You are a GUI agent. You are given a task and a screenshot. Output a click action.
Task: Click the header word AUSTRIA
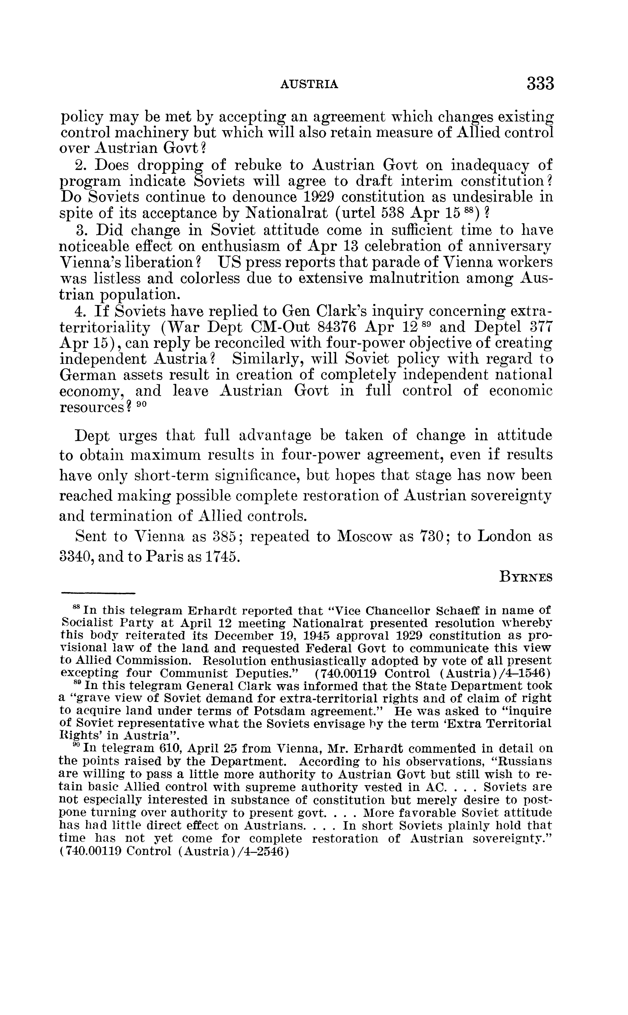pos(310,85)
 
